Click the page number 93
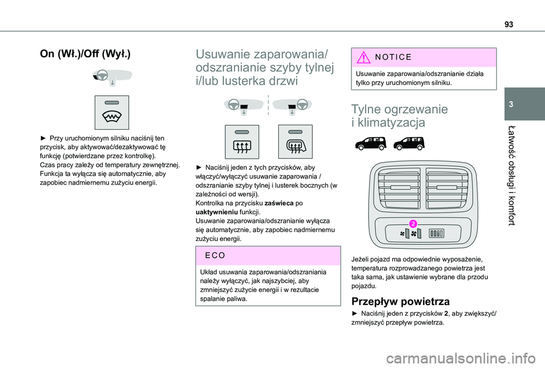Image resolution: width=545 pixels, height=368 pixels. pyautogui.click(x=509, y=24)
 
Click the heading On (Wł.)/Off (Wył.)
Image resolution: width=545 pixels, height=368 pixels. pyautogui.click(x=85, y=54)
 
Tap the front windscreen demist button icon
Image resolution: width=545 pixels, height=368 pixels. pyautogui.click(x=112, y=112)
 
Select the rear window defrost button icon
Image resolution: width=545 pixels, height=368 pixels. pyautogui.click(x=242, y=142)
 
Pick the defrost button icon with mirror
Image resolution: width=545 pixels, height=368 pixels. pyautogui.click(x=295, y=142)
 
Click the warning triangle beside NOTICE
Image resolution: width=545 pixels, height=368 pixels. pyautogui.click(x=363, y=57)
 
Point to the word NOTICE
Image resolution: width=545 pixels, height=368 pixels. pyautogui.click(x=393, y=57)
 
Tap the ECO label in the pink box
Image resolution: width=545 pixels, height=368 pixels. pyautogui.click(x=215, y=256)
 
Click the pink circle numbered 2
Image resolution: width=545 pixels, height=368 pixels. pyautogui.click(x=413, y=223)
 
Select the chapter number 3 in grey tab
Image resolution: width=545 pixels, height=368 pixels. pyautogui.click(x=511, y=104)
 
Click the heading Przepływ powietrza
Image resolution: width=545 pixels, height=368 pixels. pyautogui.click(x=400, y=301)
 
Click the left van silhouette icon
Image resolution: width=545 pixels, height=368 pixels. pyautogui.click(x=371, y=143)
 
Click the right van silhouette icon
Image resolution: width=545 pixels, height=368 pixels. pyautogui.click(x=409, y=143)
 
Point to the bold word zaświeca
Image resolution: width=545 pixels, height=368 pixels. pyautogui.click(x=279, y=203)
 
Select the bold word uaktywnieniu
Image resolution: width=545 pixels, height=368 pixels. pyautogui.click(x=217, y=212)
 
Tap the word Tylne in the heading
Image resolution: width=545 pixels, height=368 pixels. pyautogui.click(x=371, y=109)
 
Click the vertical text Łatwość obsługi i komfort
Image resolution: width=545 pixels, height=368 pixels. pyautogui.click(x=511, y=176)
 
